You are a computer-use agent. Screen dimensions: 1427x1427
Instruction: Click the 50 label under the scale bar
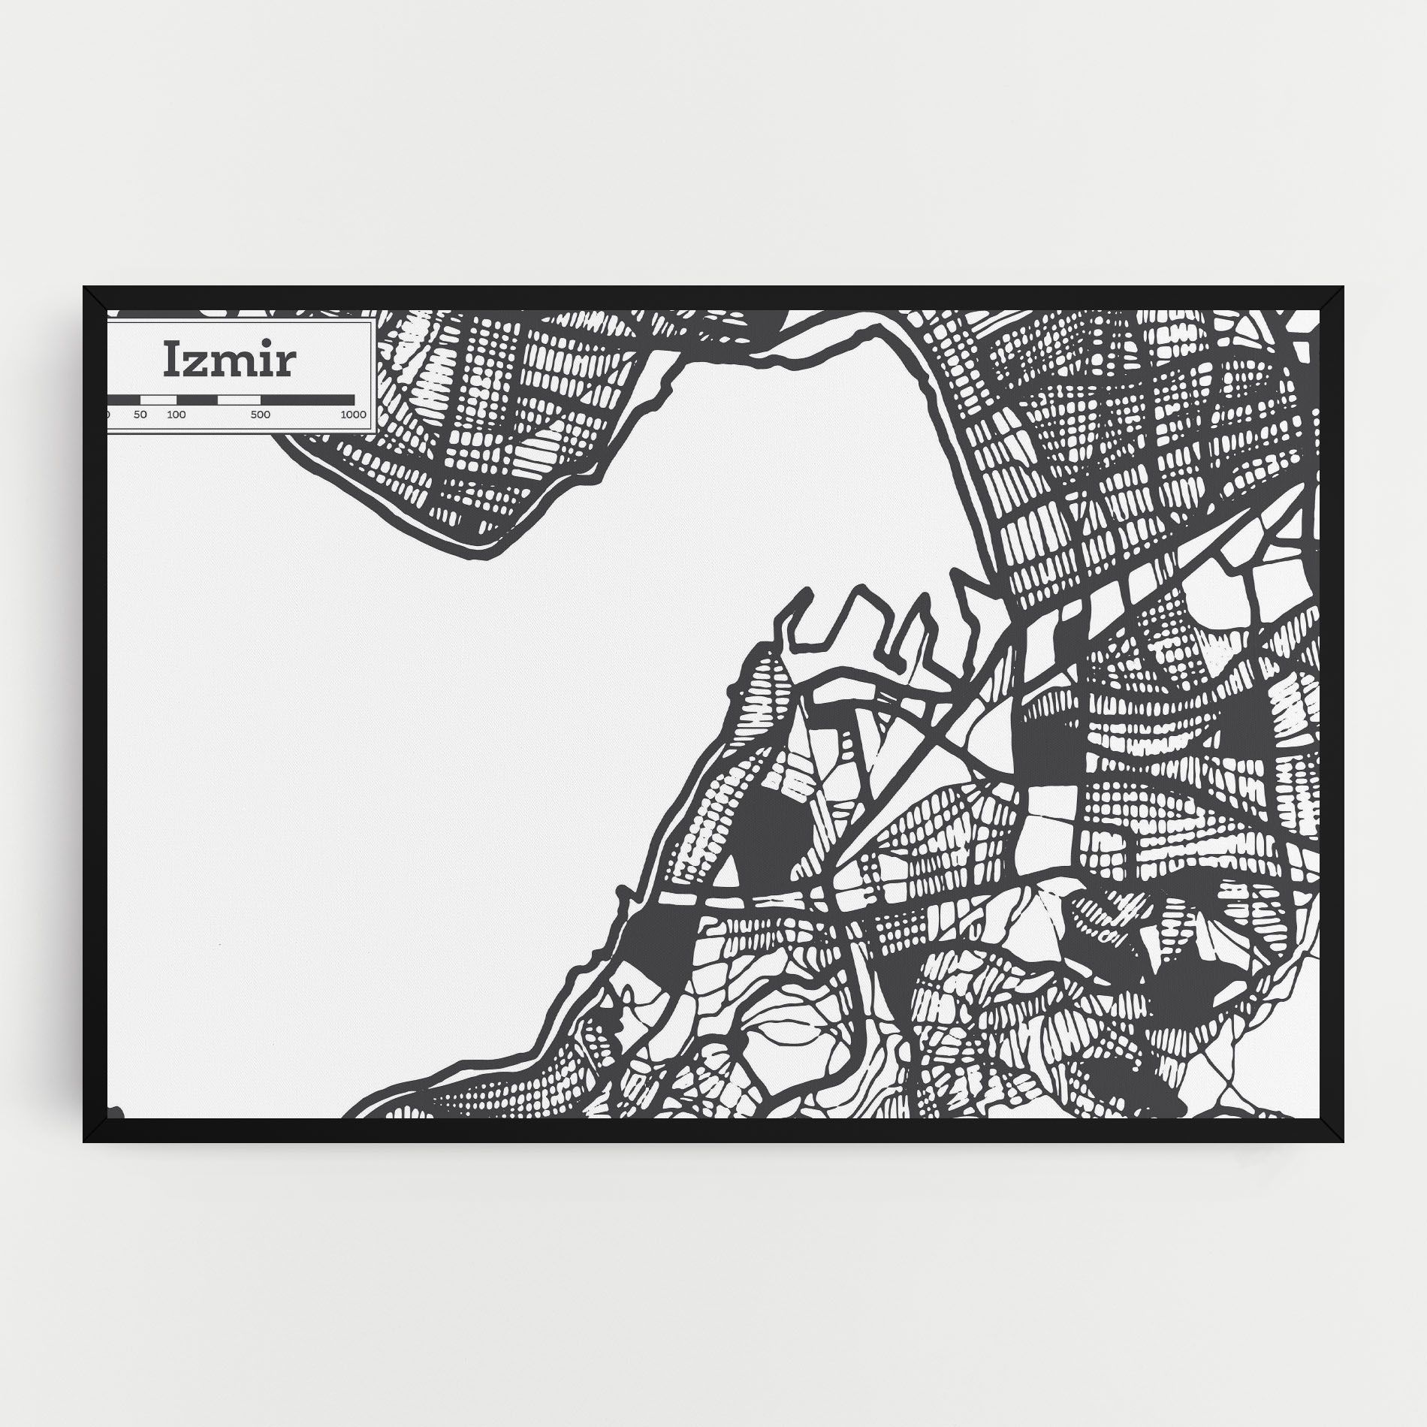(x=140, y=415)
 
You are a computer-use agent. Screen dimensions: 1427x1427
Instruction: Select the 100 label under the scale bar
(x=176, y=415)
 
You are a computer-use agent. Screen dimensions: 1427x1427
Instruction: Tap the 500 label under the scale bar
(x=261, y=415)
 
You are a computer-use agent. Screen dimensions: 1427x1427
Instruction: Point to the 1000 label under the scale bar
(x=353, y=415)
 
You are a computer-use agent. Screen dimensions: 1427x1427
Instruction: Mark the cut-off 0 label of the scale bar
(x=109, y=415)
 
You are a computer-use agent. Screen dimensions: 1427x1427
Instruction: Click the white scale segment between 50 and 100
(x=158, y=399)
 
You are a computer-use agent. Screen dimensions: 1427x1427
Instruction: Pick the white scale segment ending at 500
(x=239, y=399)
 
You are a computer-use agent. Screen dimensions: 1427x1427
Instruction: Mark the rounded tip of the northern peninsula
(x=481, y=552)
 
